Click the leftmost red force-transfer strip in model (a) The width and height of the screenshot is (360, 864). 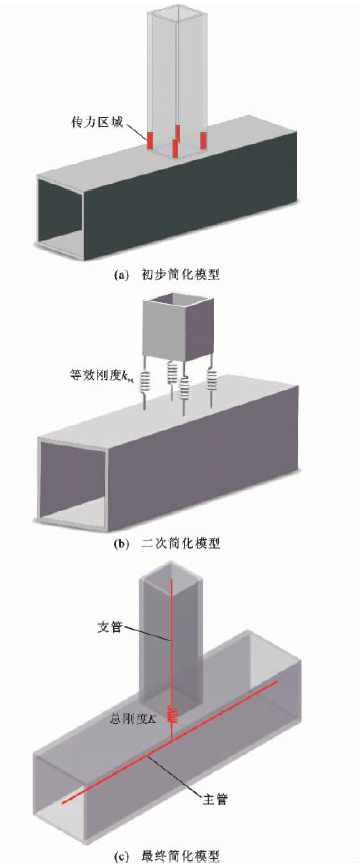pos(150,140)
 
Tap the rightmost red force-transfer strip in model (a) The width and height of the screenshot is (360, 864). pos(203,138)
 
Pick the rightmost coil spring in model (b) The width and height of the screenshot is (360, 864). pos(212,380)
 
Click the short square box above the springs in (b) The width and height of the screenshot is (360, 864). pos(177,328)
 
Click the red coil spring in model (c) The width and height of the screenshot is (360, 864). pos(174,715)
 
